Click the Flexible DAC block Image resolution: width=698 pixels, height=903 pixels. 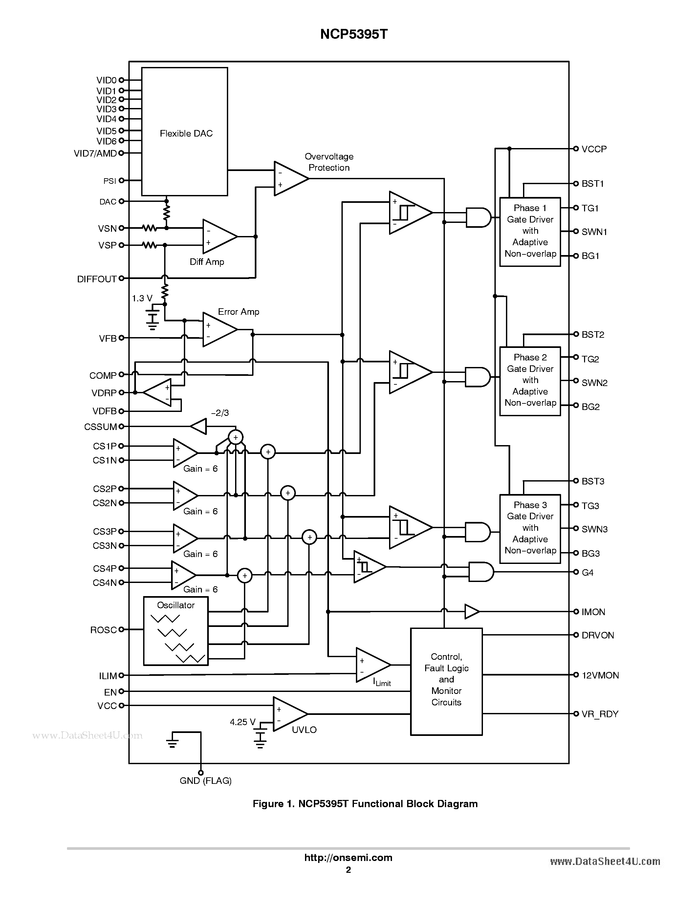pos(185,132)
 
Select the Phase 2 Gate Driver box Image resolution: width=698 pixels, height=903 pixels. pos(530,380)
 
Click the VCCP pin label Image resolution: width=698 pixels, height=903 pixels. pos(594,149)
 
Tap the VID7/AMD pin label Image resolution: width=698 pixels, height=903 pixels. pos(95,153)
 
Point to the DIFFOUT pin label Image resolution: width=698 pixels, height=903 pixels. pos(97,279)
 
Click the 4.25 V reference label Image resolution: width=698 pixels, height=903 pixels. pos(242,722)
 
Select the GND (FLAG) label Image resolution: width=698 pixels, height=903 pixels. pos(206,781)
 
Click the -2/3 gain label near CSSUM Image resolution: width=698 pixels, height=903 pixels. pos(220,413)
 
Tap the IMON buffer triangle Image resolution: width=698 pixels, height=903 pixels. pos(471,612)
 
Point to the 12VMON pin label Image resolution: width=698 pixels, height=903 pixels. pos(600,675)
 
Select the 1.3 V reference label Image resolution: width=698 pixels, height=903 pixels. pos(142,298)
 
